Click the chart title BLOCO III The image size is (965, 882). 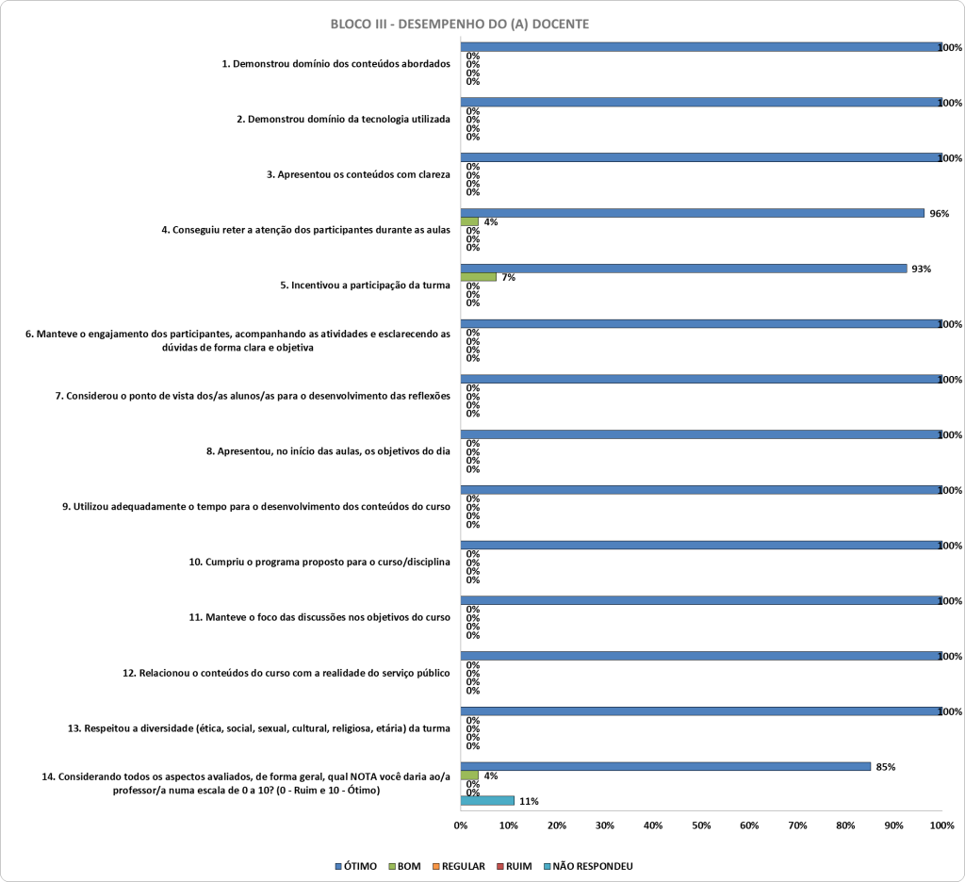pos(459,24)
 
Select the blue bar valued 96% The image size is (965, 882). pos(693,213)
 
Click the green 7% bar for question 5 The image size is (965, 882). pos(478,277)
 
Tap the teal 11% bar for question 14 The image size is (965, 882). pos(487,801)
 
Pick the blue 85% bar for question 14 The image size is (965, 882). pos(666,766)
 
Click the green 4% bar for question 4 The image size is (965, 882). pos(469,221)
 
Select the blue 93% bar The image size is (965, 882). pos(684,269)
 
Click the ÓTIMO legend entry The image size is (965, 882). pos(355,866)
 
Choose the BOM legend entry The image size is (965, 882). pos(404,866)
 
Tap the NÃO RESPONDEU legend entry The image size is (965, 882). pos(588,866)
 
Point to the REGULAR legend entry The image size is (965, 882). pos(459,866)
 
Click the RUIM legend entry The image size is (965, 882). pos(514,866)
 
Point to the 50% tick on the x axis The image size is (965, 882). pos(701,825)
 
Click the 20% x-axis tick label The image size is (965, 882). pos(557,825)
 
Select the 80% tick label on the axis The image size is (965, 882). pos(845,825)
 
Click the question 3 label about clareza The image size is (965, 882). pos(358,174)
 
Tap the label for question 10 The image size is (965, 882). pos(319,562)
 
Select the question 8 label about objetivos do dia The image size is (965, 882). pos(328,451)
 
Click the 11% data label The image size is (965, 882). pos(529,801)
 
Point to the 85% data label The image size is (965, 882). pos(886,767)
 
